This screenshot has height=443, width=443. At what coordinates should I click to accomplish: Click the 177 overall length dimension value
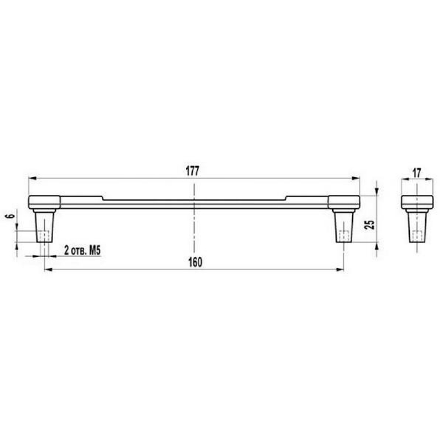[192, 171]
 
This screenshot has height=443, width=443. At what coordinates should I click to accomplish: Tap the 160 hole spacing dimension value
[195, 262]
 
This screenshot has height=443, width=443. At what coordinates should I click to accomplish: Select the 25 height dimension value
[370, 225]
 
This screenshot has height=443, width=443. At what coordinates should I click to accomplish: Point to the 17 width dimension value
[417, 173]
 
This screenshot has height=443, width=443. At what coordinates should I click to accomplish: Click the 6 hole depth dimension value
[10, 216]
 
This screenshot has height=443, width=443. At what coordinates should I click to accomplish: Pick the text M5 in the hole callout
[95, 250]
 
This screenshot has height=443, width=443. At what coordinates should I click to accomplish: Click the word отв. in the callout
[79, 251]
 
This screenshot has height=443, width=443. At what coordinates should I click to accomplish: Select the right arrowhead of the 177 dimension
[356, 178]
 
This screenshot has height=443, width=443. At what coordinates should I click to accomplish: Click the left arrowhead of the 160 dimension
[49, 270]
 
